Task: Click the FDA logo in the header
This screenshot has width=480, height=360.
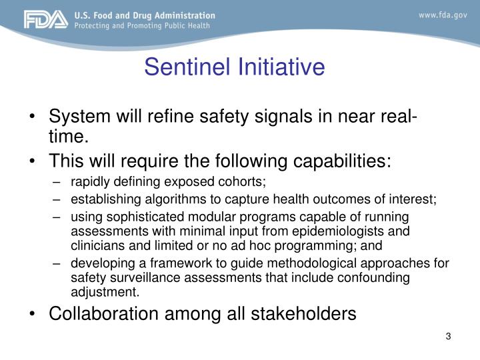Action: tap(45, 20)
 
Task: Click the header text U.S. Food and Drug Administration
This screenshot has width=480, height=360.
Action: tap(145, 15)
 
